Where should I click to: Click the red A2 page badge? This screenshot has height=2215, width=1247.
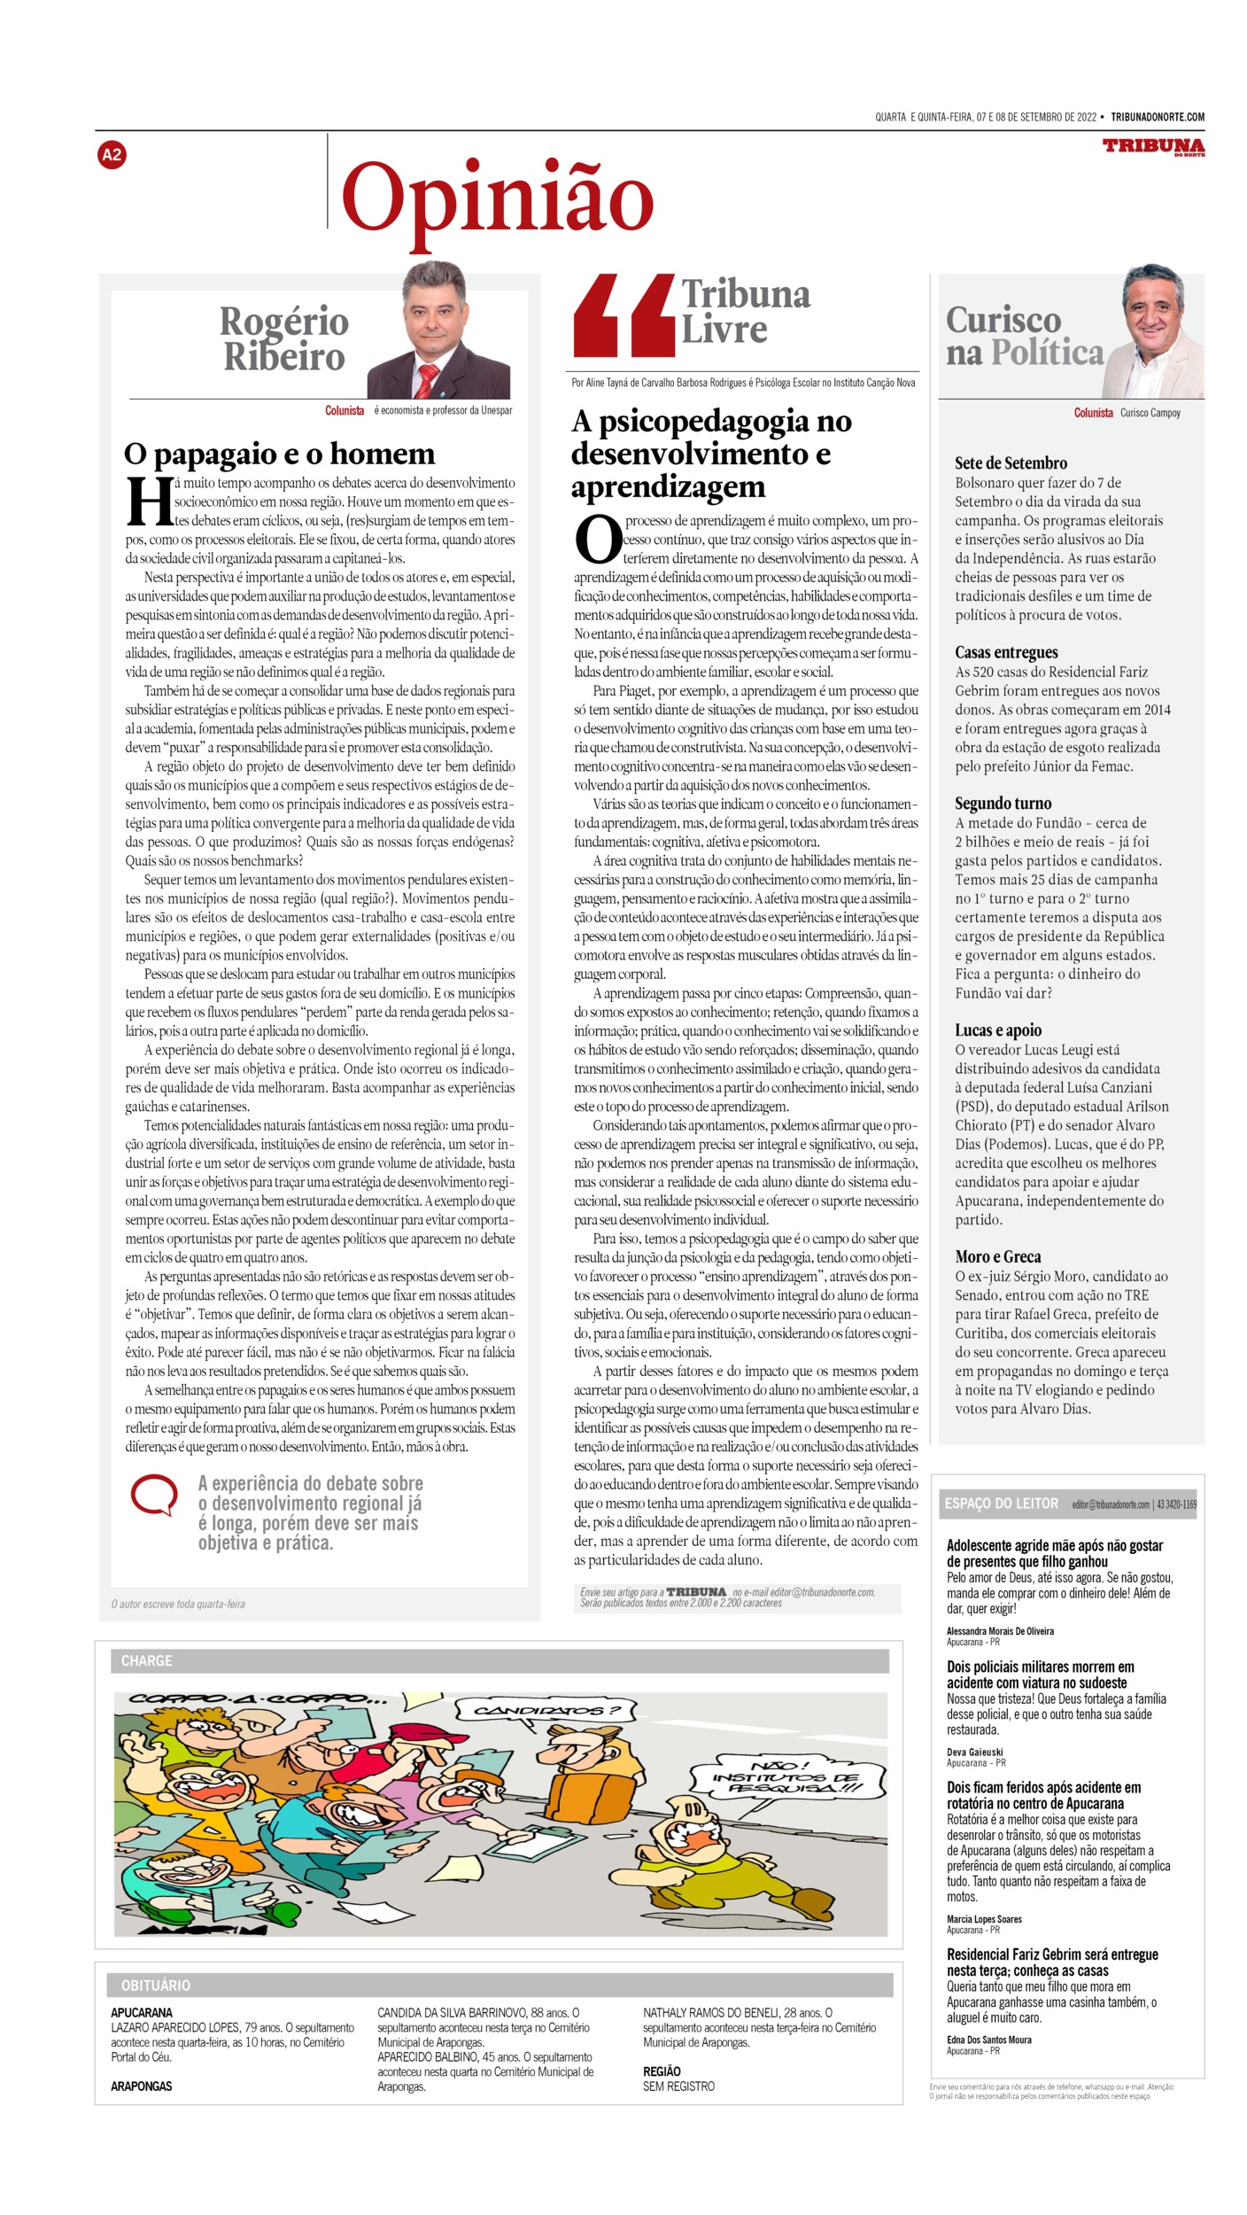[112, 155]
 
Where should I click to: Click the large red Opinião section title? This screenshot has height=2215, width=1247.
[497, 198]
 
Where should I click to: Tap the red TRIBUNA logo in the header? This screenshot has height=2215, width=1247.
[1153, 146]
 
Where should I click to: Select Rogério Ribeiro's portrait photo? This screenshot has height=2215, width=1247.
[439, 330]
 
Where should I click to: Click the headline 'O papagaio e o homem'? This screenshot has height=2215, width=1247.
[280, 454]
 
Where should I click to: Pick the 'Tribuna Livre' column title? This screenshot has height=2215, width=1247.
[745, 311]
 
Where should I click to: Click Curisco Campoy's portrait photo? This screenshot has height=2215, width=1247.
[1153, 331]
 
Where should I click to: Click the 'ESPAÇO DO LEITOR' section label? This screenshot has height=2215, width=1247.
[1001, 1504]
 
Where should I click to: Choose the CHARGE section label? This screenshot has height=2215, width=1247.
[147, 1660]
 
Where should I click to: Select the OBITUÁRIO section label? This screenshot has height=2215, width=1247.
[156, 1986]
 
